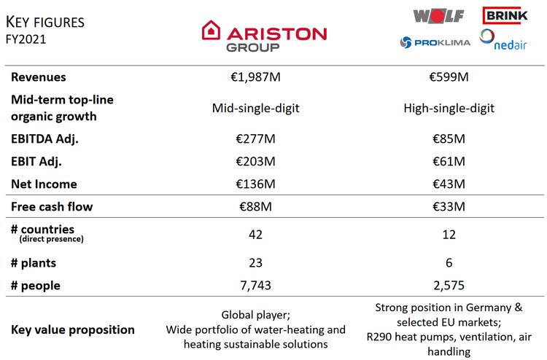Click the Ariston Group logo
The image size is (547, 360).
click(x=264, y=36)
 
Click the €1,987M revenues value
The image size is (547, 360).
click(x=256, y=77)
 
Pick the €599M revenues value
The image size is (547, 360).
click(x=449, y=77)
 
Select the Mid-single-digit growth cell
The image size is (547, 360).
click(x=256, y=108)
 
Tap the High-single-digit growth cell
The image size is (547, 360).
click(x=449, y=108)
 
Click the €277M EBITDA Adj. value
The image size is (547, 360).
click(x=256, y=138)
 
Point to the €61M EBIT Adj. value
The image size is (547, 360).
click(x=449, y=161)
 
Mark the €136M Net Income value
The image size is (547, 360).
click(x=256, y=184)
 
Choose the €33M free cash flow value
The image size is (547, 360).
click(x=449, y=208)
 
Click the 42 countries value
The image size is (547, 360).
click(x=256, y=235)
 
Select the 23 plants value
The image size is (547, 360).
click(x=256, y=262)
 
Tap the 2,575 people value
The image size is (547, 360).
click(x=449, y=286)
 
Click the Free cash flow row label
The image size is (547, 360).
click(x=52, y=208)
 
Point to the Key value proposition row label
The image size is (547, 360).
click(x=73, y=329)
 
